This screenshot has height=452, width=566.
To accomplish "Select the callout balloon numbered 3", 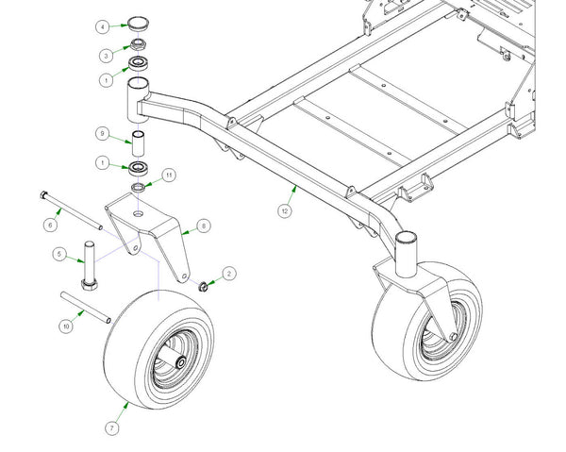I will pyautogui.click(x=107, y=54).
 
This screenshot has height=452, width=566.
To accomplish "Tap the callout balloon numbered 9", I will pyautogui.click(x=103, y=133).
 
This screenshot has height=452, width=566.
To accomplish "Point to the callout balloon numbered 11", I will pyautogui.click(x=169, y=175).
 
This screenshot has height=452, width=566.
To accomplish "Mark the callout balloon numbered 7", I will pyautogui.click(x=112, y=429).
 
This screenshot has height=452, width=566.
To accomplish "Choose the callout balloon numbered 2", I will pyautogui.click(x=227, y=272).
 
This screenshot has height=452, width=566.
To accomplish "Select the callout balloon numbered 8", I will pyautogui.click(x=201, y=226).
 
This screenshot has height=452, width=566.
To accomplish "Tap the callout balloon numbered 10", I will pyautogui.click(x=66, y=326).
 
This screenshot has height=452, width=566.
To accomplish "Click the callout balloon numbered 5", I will pyautogui.click(x=58, y=255).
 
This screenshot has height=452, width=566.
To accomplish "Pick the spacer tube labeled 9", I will pyautogui.click(x=139, y=147).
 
